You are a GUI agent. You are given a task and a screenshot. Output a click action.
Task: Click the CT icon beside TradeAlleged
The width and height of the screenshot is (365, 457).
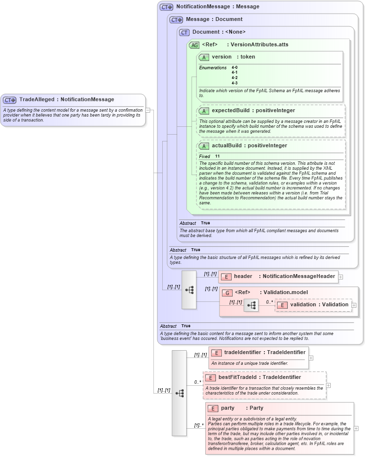pyautogui.click(x=10, y=100)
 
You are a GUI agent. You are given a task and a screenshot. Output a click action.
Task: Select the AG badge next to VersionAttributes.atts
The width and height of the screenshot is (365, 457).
pyautogui.click(x=194, y=45)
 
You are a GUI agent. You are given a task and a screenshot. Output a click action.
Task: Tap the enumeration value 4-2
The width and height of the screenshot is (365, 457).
pyautogui.click(x=235, y=78)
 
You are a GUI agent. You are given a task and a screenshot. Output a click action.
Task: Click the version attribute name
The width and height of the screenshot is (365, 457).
pyautogui.click(x=221, y=57)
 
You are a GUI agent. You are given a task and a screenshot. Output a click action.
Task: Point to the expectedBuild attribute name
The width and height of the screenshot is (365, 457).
pyautogui.click(x=230, y=110)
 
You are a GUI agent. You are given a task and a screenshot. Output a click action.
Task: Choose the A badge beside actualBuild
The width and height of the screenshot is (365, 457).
pyautogui.click(x=204, y=146)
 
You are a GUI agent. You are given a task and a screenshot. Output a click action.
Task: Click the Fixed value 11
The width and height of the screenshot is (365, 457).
pyautogui.click(x=217, y=156)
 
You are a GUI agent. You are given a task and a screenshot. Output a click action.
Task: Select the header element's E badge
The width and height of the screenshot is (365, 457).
pyautogui.click(x=226, y=277)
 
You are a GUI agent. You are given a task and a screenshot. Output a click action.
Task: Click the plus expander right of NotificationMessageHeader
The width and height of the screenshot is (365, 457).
pyautogui.click(x=341, y=277)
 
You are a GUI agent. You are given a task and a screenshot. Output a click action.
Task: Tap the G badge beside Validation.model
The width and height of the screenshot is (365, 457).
pyautogui.click(x=227, y=293)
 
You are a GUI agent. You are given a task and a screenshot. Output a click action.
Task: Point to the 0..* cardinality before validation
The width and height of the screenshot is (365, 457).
pyautogui.click(x=269, y=302)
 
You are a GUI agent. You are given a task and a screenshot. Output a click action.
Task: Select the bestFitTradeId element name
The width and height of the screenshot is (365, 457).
pyautogui.click(x=236, y=377)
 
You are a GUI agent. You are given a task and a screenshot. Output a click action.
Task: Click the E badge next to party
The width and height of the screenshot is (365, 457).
pyautogui.click(x=213, y=408)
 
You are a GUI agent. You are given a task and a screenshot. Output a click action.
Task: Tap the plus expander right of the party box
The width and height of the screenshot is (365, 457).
pyautogui.click(x=356, y=428)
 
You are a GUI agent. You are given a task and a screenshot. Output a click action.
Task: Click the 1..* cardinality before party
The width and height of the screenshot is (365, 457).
pyautogui.click(x=198, y=425)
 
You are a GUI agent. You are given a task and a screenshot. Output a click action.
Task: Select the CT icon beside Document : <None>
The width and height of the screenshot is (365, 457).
pyautogui.click(x=184, y=32)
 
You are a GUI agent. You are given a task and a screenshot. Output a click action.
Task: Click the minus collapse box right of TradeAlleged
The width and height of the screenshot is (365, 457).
pyautogui.click(x=148, y=110)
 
